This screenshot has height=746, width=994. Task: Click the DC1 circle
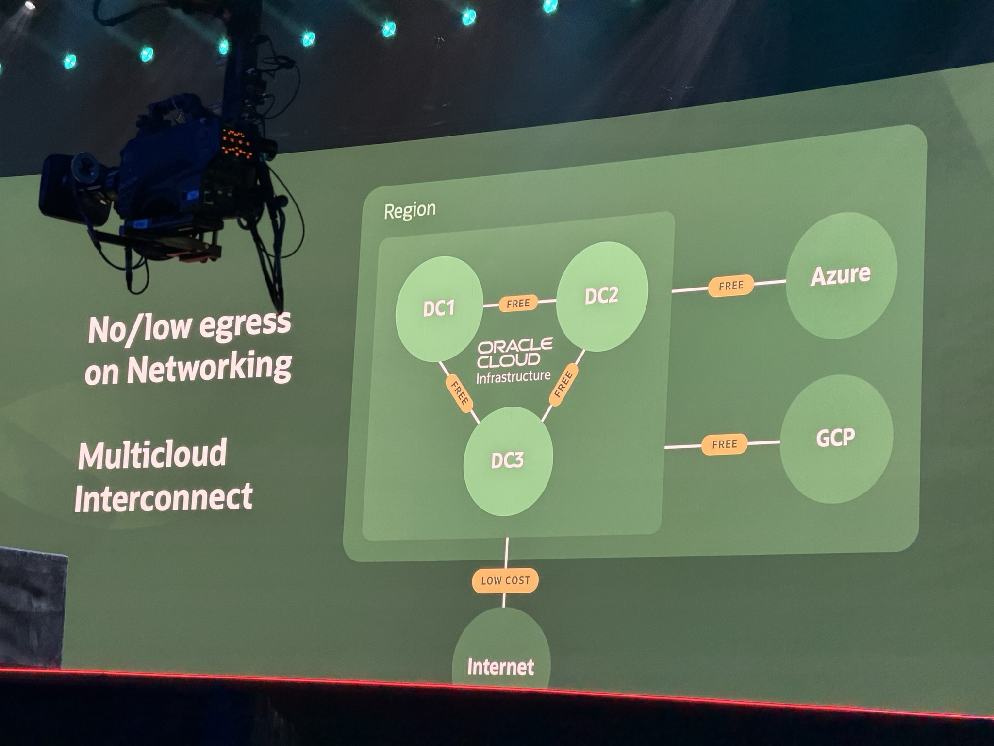tap(439, 309)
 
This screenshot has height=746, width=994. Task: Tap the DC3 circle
tap(508, 460)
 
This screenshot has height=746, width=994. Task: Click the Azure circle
tap(841, 275)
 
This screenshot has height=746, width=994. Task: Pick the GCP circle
tap(836, 439)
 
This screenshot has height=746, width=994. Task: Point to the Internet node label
tap(500, 667)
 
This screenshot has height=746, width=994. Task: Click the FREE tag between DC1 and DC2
tap(518, 304)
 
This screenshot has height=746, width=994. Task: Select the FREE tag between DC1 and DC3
tap(459, 393)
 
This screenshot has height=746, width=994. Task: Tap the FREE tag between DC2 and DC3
tap(563, 385)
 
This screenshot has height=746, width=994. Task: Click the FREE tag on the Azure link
tap(731, 286)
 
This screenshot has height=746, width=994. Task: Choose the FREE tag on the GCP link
tap(725, 444)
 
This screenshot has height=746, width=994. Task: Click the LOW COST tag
tap(505, 580)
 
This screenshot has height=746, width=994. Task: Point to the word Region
tap(410, 210)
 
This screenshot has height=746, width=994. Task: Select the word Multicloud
tap(152, 455)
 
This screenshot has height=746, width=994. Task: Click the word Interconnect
tap(164, 498)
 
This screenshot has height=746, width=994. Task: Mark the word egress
tap(245, 324)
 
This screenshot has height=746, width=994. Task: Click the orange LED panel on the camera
tap(237, 143)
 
